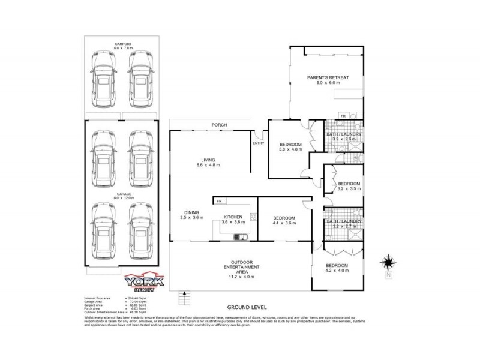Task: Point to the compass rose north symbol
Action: [x=388, y=262]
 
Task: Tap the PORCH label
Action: [x=209, y=125]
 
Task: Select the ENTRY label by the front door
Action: [x=259, y=143]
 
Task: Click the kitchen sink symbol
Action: [x=242, y=236]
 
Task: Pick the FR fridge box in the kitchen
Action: [x=220, y=201]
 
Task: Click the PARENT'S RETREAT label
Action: [x=328, y=77]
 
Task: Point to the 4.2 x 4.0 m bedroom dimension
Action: [x=337, y=271]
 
